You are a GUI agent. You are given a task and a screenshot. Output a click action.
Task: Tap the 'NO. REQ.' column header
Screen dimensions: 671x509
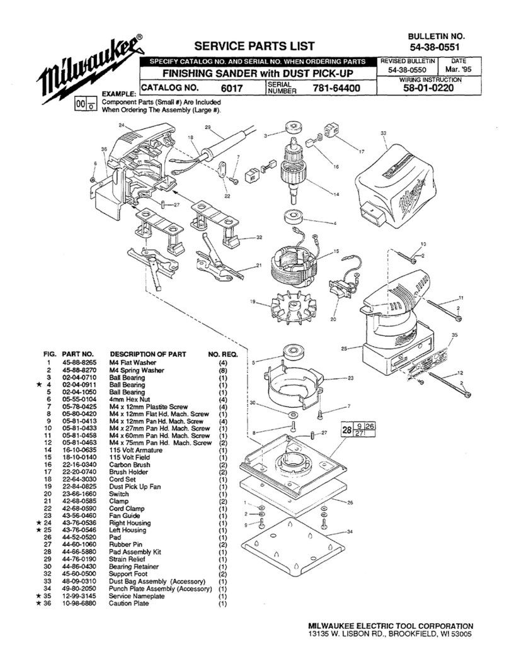point(222,354)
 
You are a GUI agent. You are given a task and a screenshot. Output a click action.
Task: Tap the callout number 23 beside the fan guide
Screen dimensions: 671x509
point(350,378)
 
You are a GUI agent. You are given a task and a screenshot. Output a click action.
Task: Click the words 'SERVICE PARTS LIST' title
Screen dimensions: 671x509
point(254,46)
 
